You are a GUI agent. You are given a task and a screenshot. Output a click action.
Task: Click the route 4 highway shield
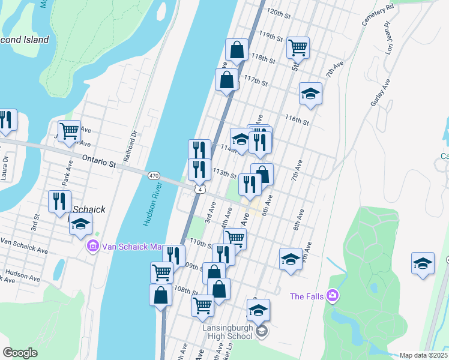[199, 189]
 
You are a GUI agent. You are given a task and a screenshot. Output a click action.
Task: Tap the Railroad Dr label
[127, 148]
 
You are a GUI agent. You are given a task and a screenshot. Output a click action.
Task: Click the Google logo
[20, 353]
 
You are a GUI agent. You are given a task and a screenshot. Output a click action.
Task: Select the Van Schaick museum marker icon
[92, 246]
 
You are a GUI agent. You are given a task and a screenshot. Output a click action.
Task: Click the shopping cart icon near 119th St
[298, 46]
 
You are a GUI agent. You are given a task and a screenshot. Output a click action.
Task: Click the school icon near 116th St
[310, 94]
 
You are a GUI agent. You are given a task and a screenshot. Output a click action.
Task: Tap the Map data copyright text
[423, 355]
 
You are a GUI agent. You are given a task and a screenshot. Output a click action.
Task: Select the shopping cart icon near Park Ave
[70, 130]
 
